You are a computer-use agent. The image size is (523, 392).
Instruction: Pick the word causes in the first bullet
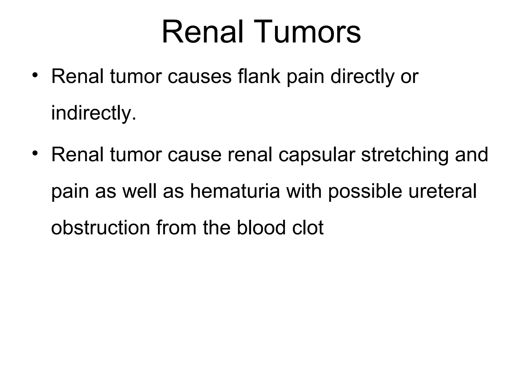coord(199,77)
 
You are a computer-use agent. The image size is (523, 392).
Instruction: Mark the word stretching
coord(405,155)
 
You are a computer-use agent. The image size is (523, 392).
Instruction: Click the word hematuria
coord(235,191)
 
